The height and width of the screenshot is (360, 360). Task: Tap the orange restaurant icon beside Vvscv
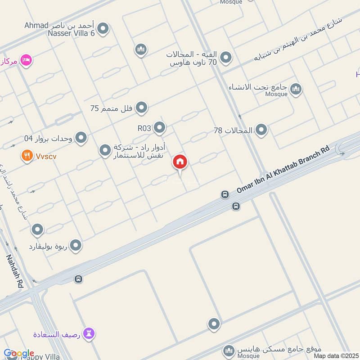[x=27, y=156]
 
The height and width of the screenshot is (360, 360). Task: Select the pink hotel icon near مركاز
[x=27, y=60]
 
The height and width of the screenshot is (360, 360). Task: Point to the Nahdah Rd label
[x=14, y=271]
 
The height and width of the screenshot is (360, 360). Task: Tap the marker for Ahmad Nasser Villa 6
[x=103, y=29]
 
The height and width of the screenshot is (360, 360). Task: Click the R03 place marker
[x=159, y=128]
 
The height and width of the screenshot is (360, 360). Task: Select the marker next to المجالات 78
[x=261, y=130]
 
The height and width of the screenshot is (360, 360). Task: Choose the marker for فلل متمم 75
[x=142, y=108]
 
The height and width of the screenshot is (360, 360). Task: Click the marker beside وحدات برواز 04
[x=81, y=138]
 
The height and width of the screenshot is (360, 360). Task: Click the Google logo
[x=18, y=354]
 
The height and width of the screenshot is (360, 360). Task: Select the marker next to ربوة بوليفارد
[x=76, y=246]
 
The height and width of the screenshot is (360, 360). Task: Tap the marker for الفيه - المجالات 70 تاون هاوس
[x=226, y=58]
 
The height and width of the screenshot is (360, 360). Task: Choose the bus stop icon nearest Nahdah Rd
[x=78, y=279]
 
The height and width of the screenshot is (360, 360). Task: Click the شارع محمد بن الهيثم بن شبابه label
[x=297, y=40]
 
